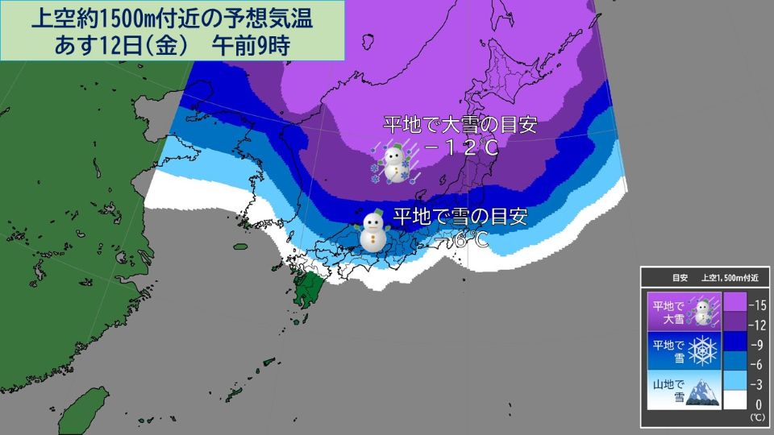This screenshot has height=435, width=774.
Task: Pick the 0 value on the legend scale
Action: click(x=759, y=402)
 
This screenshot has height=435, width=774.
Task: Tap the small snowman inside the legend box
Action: click(x=705, y=309)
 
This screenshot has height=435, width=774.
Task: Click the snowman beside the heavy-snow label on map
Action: click(x=393, y=164)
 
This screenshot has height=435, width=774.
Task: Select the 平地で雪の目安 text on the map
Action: click(x=460, y=217)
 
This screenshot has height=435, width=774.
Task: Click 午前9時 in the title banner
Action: click(x=251, y=44)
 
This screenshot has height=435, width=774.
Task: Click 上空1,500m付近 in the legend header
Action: click(x=734, y=278)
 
